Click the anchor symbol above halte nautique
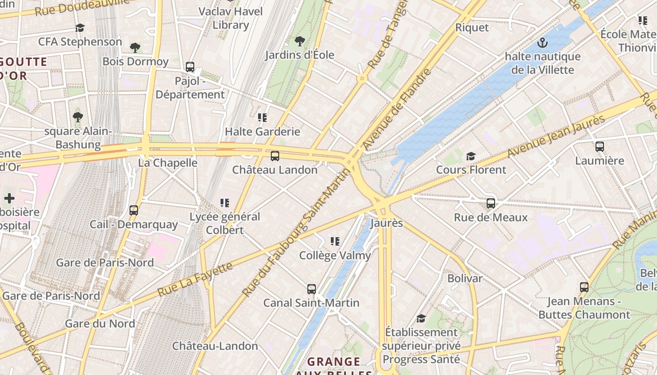(542, 43)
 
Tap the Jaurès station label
(386, 223)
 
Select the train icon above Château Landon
(275, 156)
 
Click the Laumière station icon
(600, 147)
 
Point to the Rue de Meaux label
(490, 217)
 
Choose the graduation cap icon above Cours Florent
(471, 156)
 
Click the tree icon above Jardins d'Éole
(299, 41)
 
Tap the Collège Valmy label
(335, 255)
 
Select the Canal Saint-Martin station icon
(312, 289)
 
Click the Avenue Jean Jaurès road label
(556, 136)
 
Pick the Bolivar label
(465, 278)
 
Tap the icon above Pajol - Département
(190, 67)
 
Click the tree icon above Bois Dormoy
(135, 47)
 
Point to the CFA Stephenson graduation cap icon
(80, 28)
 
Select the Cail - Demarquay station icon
(134, 210)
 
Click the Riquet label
(472, 28)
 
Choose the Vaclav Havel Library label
(230, 18)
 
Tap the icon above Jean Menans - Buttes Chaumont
(584, 287)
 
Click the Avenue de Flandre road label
(397, 109)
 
